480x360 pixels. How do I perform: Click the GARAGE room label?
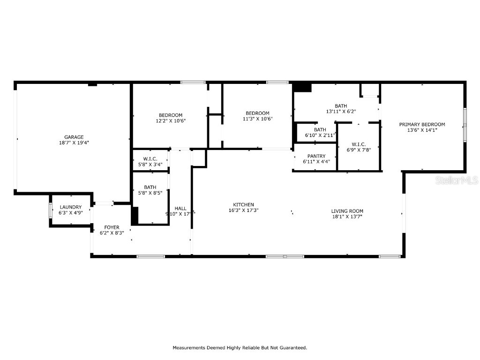(x=74, y=137)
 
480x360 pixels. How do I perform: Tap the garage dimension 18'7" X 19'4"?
(x=74, y=143)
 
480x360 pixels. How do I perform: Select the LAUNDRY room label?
(x=70, y=207)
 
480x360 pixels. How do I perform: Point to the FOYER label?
(x=112, y=227)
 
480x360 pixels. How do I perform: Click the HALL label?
(x=180, y=209)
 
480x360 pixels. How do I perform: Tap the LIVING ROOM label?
(x=347, y=211)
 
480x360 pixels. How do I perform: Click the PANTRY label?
(x=316, y=156)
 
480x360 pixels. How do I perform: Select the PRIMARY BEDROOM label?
(x=422, y=124)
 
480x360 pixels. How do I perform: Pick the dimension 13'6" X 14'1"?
(x=422, y=130)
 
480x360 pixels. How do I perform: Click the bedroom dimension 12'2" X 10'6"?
(x=171, y=121)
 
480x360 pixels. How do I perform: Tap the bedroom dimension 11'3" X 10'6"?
(x=257, y=119)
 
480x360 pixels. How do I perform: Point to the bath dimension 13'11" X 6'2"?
(x=341, y=112)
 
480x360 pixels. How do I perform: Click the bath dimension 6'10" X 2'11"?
(x=320, y=135)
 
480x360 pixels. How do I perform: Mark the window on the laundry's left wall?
(x=51, y=210)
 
